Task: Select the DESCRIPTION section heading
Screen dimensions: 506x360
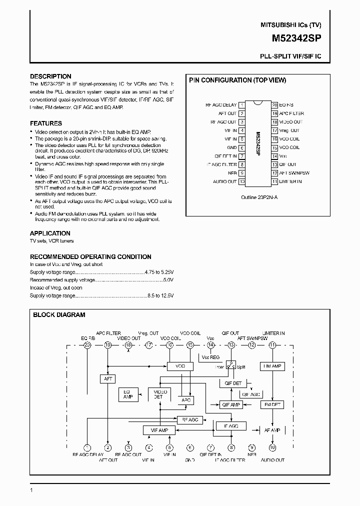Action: [x=50, y=76]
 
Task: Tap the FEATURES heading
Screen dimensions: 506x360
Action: [x=46, y=123]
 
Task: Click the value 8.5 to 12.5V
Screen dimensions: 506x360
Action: [x=160, y=295]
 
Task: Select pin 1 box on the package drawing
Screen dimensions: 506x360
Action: [x=242, y=105]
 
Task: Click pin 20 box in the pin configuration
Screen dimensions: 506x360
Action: [x=274, y=105]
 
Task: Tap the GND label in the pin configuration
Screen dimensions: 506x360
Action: [x=231, y=147]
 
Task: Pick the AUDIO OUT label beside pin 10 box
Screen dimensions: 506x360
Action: [x=224, y=181]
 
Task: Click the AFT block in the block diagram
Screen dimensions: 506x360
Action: [x=108, y=378]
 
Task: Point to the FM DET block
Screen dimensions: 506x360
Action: [x=272, y=404]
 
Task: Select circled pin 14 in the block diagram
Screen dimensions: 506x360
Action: [x=210, y=345]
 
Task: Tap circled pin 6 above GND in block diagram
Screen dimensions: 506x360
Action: [x=190, y=448]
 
